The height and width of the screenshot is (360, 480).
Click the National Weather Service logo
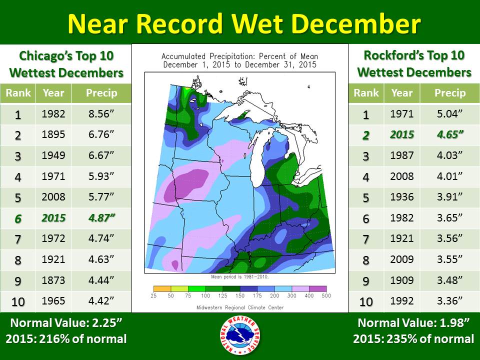click(240, 336)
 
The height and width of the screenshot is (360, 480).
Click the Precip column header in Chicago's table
click(101, 93)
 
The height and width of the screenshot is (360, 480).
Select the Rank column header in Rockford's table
click(366, 93)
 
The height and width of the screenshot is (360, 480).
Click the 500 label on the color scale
click(326, 296)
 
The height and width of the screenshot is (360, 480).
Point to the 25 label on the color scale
click(154, 296)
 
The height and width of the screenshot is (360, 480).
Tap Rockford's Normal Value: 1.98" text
click(413, 322)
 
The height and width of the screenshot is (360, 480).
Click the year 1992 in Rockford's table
click(401, 302)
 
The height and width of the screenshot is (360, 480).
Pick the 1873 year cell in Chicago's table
click(53, 280)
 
